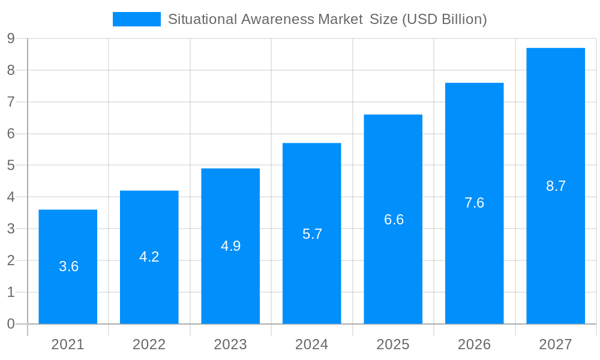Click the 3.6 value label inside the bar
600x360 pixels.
[x=68, y=266]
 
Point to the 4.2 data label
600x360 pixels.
[x=149, y=257]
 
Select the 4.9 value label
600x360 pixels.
[x=230, y=246]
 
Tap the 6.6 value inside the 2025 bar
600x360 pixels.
[x=394, y=220]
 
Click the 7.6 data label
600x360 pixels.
[x=474, y=203]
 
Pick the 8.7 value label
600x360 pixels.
[x=556, y=186]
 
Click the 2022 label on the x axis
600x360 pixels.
[x=149, y=344]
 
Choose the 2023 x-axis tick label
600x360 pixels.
[x=230, y=344]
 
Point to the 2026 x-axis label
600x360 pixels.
[x=474, y=344]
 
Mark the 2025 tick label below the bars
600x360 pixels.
[x=393, y=344]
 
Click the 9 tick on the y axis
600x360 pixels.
[x=11, y=38]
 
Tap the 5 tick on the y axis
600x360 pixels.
[x=11, y=166]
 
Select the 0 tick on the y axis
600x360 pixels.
[x=11, y=324]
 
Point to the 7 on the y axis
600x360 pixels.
[x=11, y=102]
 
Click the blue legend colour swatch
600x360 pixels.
[x=136, y=19]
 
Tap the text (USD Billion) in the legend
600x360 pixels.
[x=444, y=19]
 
